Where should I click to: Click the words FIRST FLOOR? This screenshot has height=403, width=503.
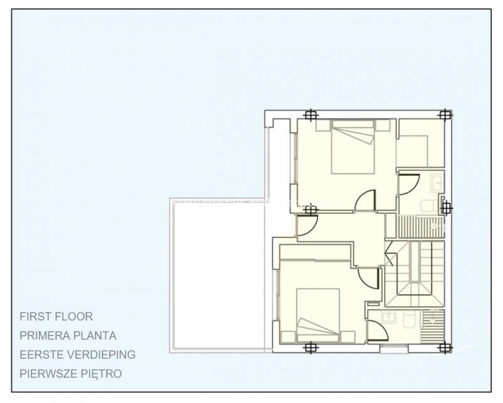click(x=56, y=317)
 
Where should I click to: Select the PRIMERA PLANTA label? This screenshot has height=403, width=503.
click(x=68, y=336)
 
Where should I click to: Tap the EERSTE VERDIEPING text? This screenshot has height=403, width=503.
click(x=77, y=355)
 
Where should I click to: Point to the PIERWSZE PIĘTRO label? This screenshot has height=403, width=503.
click(x=70, y=373)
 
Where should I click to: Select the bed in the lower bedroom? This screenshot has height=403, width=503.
click(x=318, y=315)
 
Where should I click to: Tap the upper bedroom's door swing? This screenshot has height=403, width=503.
click(x=365, y=201)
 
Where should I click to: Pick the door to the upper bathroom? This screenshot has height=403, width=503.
click(x=408, y=184)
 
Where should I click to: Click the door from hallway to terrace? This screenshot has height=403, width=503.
click(x=307, y=227)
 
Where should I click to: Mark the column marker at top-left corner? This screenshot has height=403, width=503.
click(x=309, y=115)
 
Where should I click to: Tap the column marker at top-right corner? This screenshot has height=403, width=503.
click(x=445, y=115)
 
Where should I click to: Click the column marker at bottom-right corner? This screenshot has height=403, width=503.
click(x=445, y=347)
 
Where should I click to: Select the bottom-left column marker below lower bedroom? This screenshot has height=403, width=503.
click(x=309, y=347)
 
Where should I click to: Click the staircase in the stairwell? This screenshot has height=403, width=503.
click(x=415, y=271)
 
